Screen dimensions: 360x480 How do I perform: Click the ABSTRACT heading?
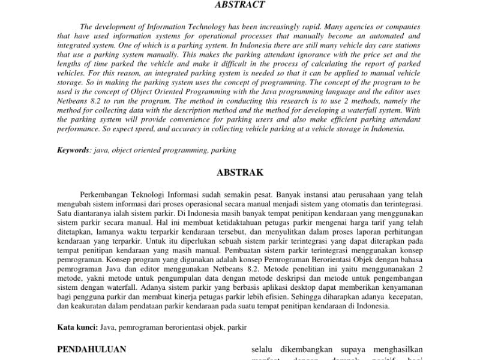pyautogui.click(x=239, y=5)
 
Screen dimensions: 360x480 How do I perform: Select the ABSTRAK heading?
pyautogui.click(x=239, y=173)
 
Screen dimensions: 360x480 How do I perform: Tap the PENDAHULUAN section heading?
pyautogui.click(x=91, y=349)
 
